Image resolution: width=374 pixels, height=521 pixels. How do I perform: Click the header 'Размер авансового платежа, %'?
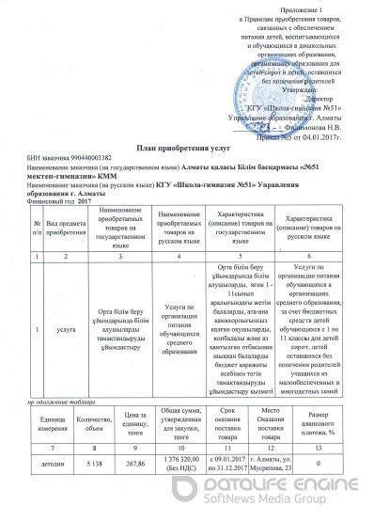point(322,419)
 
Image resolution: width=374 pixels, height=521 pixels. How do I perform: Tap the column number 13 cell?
point(322,441)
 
